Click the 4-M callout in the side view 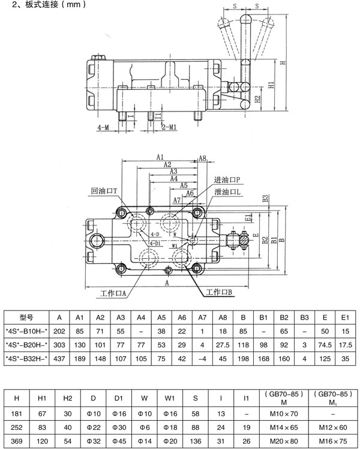pos(103,127)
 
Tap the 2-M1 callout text pos(169,127)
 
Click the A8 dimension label pos(202,158)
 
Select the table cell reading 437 pos(59,358)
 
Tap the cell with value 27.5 pos(223,345)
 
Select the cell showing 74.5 pos(325,345)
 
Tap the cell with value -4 pos(202,358)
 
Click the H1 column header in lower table pos(42,396)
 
